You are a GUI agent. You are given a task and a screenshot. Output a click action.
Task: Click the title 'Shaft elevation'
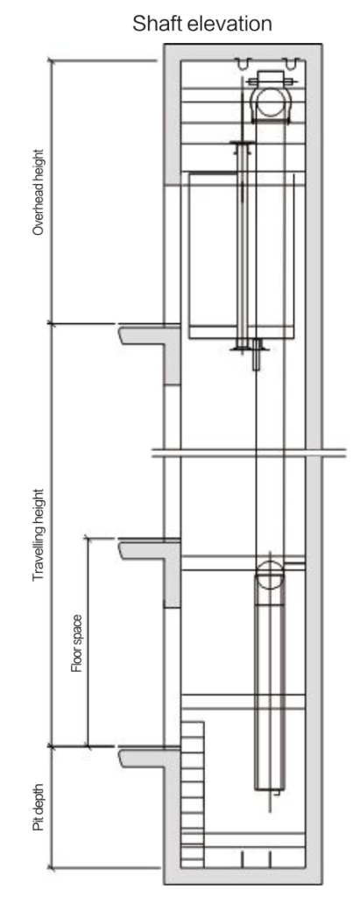click(202, 24)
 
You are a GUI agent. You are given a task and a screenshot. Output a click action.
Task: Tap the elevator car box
click(242, 256)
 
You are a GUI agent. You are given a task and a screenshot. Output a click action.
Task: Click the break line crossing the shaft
click(249, 453)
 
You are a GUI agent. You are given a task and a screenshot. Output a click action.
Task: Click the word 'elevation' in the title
click(229, 24)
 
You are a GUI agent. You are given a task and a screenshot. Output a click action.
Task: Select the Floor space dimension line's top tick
click(88, 537)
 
